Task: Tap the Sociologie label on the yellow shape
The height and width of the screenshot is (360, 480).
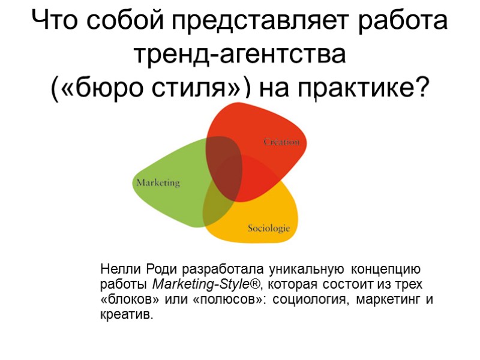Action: point(269,228)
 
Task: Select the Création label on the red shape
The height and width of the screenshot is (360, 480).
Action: point(281,142)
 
